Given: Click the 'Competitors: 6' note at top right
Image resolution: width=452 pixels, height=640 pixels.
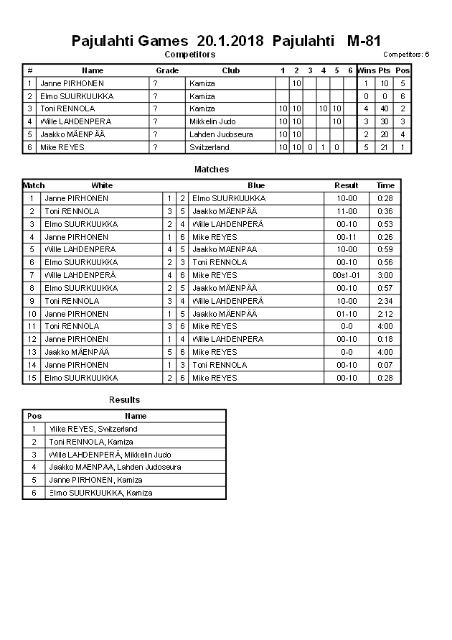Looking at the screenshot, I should click(406, 55).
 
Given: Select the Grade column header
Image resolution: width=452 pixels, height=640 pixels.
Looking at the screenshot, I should click(167, 70).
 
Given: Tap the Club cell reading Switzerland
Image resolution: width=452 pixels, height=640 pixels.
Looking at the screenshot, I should click(209, 147).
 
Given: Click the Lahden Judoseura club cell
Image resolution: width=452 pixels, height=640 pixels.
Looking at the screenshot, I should click(220, 134).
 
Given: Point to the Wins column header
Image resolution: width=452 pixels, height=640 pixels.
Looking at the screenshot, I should click(366, 70).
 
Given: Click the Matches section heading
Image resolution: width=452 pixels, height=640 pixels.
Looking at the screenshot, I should click(212, 170).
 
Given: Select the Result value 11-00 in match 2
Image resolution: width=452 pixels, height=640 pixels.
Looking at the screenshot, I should click(346, 211).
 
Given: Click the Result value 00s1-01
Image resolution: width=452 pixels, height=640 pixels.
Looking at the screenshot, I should click(346, 275).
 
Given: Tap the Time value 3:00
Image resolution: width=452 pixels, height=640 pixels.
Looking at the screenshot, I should click(385, 275).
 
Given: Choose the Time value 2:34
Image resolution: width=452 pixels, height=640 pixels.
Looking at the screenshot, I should click(385, 301).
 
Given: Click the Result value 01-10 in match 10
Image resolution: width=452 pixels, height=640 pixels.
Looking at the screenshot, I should click(346, 314).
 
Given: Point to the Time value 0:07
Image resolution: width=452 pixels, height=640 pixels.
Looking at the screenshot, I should click(385, 365).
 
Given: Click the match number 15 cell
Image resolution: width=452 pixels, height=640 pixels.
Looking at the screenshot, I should click(32, 378).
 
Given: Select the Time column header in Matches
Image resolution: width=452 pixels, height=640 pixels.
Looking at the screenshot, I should click(385, 185).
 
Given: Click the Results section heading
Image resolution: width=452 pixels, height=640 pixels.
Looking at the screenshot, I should click(124, 400).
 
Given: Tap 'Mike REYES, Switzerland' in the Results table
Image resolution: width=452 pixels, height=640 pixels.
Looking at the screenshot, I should click(93, 429).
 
